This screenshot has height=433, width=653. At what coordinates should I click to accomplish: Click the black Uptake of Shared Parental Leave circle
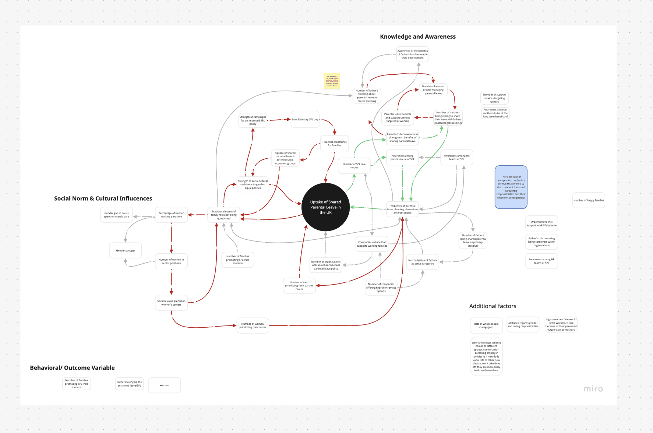(325, 207)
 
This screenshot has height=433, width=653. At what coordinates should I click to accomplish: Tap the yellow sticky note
(332, 81)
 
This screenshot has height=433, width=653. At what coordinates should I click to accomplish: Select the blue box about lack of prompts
(511, 187)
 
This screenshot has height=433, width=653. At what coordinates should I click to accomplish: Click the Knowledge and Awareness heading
(418, 37)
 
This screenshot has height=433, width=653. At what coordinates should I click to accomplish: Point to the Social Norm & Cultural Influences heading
(103, 198)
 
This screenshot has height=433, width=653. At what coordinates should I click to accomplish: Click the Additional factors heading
(493, 306)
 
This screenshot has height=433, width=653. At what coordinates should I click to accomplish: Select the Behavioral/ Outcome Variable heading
(72, 368)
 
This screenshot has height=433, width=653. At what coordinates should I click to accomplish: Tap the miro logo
(593, 389)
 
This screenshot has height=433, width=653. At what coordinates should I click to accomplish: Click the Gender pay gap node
(126, 251)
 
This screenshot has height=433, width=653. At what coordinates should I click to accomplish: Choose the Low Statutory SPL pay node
(305, 119)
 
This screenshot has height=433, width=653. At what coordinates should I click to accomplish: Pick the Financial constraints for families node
(334, 144)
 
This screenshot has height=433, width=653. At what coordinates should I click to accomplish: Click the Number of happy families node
(589, 200)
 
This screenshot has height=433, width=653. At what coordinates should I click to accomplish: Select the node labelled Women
(164, 385)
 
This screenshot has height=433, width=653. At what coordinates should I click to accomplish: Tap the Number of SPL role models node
(354, 166)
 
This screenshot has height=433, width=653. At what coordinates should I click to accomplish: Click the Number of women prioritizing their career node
(253, 325)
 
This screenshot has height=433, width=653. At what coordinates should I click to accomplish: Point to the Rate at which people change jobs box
(486, 325)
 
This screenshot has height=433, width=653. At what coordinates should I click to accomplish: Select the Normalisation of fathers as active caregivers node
(423, 262)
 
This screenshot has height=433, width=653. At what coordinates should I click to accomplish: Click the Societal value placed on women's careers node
(171, 303)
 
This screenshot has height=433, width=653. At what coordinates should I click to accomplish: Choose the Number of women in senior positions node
(171, 261)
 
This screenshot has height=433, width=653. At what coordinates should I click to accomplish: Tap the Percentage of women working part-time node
(171, 215)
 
